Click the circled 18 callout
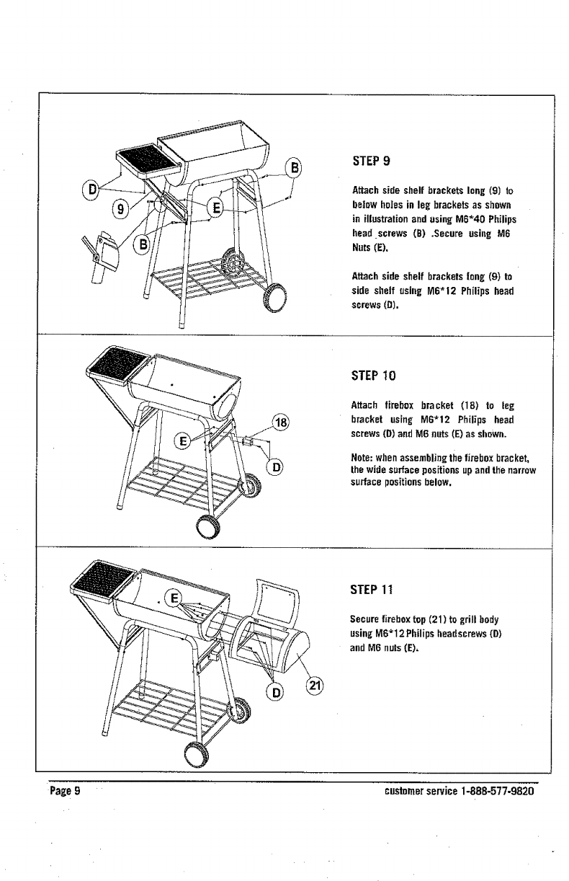click(x=282, y=423)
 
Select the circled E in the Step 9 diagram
click(x=215, y=209)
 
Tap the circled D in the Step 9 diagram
click(x=91, y=190)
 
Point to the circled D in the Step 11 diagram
click(x=274, y=693)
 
